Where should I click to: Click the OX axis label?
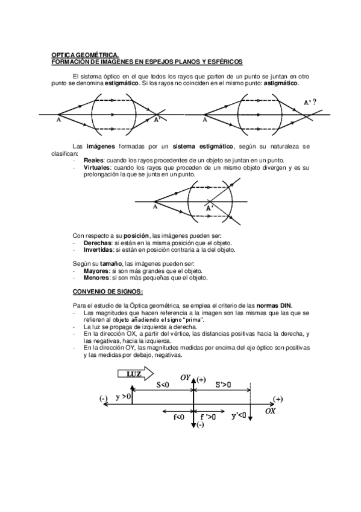[271, 410]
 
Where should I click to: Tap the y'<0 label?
[239, 415]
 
